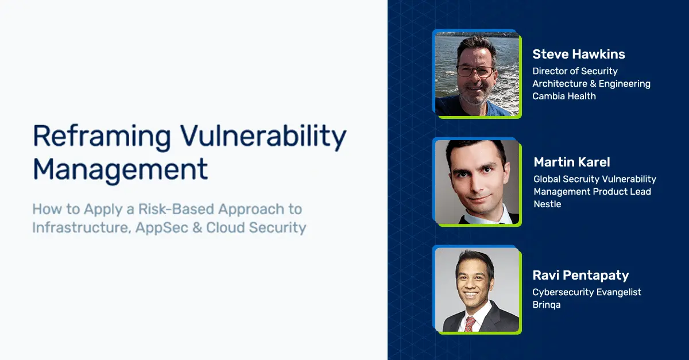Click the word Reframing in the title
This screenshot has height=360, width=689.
click(x=102, y=136)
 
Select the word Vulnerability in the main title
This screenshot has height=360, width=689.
click(x=264, y=136)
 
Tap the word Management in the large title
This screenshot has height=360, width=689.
click(x=120, y=170)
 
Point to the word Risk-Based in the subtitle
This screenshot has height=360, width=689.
click(x=176, y=209)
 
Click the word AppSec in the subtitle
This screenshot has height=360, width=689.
click(x=162, y=228)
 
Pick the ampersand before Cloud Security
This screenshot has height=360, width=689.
click(x=197, y=228)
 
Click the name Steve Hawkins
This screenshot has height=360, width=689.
click(x=579, y=54)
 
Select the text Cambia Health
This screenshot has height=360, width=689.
click(x=564, y=96)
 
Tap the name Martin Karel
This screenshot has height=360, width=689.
click(x=571, y=162)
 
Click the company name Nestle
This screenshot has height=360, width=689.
click(x=547, y=204)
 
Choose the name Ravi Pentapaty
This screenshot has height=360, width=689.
click(x=580, y=276)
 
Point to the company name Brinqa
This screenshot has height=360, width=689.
click(x=546, y=305)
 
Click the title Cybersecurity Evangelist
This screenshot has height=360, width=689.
click(x=587, y=292)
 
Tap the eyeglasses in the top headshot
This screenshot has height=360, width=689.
click(x=475, y=71)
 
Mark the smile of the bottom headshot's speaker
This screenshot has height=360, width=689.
click(x=472, y=295)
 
